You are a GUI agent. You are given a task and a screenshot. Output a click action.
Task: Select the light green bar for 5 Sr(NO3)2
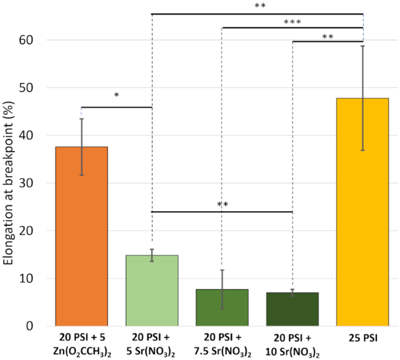(152, 290)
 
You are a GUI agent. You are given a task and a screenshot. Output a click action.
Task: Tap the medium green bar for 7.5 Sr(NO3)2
(222, 307)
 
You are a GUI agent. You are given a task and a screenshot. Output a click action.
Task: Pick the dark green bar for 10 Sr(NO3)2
(292, 309)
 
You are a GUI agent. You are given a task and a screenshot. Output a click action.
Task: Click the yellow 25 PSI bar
(363, 211)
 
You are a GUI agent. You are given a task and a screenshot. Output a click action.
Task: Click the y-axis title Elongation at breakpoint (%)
(10, 182)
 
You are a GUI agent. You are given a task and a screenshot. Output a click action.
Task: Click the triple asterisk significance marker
(292, 22)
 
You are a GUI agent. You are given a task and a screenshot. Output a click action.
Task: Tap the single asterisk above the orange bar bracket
(116, 96)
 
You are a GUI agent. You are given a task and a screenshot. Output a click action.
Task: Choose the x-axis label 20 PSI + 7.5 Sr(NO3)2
(222, 343)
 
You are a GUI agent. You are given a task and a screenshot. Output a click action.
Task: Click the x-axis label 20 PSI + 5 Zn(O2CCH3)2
(82, 343)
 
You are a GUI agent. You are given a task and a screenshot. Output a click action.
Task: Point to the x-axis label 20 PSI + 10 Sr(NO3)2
(292, 343)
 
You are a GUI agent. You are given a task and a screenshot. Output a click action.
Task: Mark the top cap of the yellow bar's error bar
(363, 46)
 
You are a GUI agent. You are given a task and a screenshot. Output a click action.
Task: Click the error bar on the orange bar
(82, 147)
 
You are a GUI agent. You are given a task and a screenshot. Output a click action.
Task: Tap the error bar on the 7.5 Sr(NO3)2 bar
(222, 289)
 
